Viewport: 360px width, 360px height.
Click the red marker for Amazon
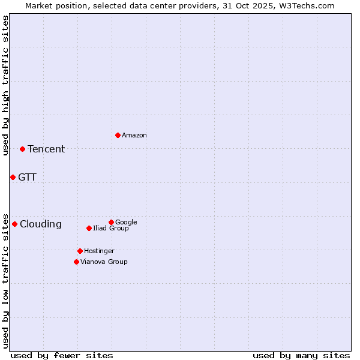click(118, 135)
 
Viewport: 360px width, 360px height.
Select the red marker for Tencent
click(22, 149)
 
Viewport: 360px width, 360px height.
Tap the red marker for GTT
click(13, 177)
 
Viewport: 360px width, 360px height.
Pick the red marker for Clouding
click(14, 224)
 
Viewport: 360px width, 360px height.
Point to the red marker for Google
click(111, 222)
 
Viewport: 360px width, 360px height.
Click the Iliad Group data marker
click(89, 228)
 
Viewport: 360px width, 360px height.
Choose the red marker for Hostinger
click(80, 251)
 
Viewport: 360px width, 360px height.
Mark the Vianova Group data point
click(76, 262)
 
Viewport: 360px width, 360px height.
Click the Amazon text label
click(134, 136)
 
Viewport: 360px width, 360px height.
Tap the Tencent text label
click(46, 149)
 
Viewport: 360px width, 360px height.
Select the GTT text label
click(27, 178)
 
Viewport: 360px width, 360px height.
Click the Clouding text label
click(41, 224)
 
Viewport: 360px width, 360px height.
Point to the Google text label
click(126, 223)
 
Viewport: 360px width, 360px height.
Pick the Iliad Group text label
click(111, 229)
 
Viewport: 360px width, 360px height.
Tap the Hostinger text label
click(99, 251)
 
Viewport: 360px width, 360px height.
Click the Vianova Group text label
click(104, 262)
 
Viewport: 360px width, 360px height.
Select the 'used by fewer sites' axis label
click(62, 355)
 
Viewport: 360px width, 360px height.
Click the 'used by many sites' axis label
click(301, 355)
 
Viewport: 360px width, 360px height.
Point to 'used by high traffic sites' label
click(5, 85)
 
